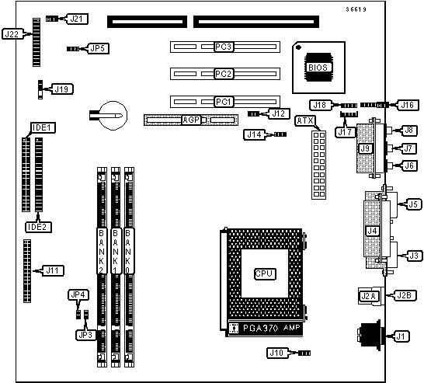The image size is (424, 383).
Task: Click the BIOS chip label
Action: point(318,68)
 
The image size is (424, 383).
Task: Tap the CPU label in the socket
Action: point(265,273)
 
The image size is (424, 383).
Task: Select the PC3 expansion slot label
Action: point(224,47)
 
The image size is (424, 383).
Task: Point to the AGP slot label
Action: point(191,120)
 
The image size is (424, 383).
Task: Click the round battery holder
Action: point(113,116)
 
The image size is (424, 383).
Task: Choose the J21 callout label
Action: point(77,19)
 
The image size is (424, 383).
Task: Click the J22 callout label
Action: point(12,34)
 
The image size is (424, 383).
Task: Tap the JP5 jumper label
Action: point(98,48)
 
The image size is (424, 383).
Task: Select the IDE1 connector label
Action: point(43,127)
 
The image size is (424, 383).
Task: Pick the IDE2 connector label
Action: point(38,227)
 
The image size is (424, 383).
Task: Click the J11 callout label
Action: point(53,270)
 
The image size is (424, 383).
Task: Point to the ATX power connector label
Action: point(305,120)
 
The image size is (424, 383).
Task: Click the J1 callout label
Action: point(401,336)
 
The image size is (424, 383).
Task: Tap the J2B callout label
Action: point(404,296)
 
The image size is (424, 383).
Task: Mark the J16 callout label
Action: point(408,105)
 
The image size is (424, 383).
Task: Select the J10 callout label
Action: point(277,353)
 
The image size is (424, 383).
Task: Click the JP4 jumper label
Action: point(78,294)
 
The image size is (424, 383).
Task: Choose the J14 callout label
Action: point(254,134)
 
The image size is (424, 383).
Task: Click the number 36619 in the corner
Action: point(356,9)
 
